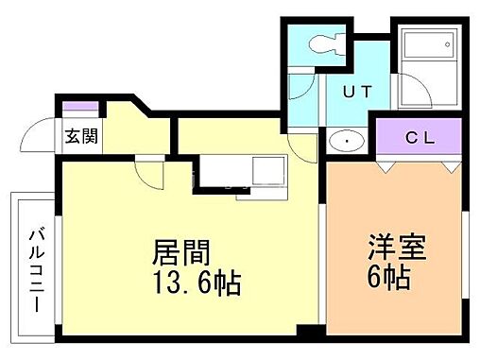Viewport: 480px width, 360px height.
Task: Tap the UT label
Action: point(354,93)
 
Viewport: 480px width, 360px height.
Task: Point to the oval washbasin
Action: point(348,142)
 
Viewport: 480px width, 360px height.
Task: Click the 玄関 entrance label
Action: point(78,136)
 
